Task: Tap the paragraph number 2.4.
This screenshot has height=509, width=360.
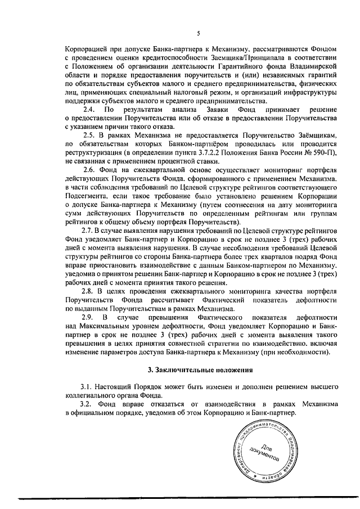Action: (x=88, y=109)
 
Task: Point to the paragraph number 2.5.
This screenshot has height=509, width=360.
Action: (x=88, y=136)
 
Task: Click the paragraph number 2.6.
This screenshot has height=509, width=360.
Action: (x=88, y=170)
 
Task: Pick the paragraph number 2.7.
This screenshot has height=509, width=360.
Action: (x=88, y=231)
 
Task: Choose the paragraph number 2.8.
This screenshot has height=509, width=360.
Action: (x=88, y=291)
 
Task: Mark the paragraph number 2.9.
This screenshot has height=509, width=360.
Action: (x=88, y=318)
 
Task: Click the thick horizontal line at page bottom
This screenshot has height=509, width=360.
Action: (x=180, y=497)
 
